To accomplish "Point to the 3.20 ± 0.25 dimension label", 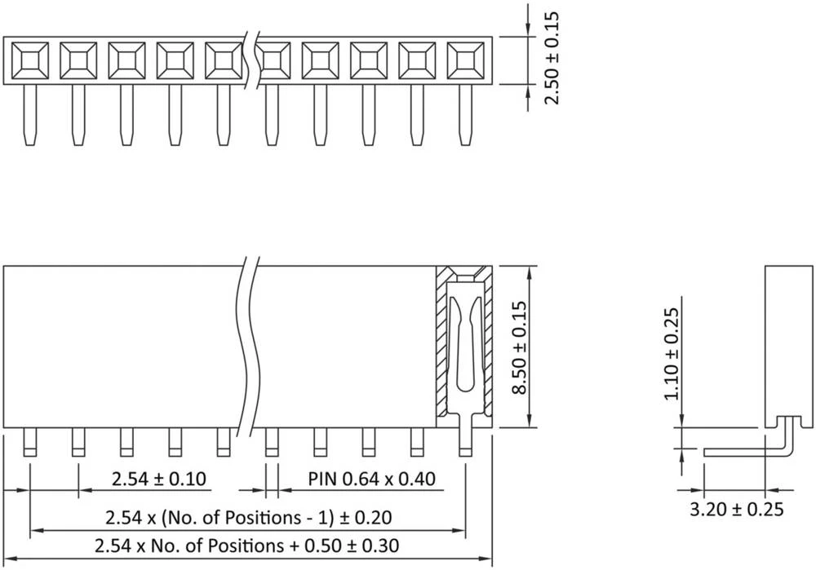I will coord(737,510).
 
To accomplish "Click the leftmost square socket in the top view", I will coord(29,60).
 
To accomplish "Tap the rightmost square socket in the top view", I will coord(465,60).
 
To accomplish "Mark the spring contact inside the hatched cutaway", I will coord(463,342).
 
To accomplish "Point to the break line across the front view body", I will coord(250,347).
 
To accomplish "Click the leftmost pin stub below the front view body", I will coord(30,442).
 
